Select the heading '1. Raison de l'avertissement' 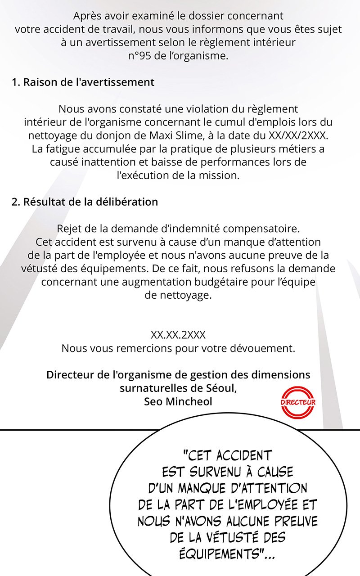83,82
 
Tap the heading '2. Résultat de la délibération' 85,202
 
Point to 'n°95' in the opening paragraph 140,56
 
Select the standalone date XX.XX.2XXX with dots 178,335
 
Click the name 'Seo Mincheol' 178,401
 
